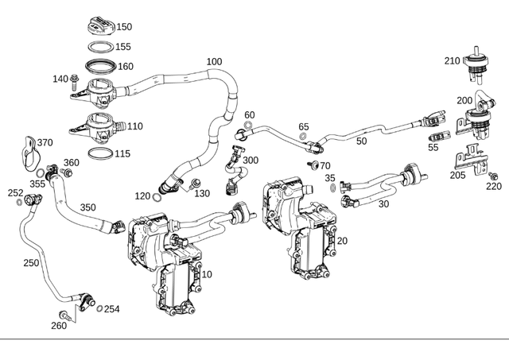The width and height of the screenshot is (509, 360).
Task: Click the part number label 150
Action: (x=125, y=27)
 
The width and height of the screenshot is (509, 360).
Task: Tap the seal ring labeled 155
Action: (x=99, y=47)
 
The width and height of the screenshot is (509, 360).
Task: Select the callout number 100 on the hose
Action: (x=214, y=62)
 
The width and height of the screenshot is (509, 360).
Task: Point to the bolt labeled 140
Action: (x=75, y=79)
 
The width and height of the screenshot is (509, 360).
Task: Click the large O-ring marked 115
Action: (x=99, y=153)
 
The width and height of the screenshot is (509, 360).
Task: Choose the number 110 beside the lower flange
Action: (x=134, y=126)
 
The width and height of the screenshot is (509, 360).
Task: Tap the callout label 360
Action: (x=72, y=163)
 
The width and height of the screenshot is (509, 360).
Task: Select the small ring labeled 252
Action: (x=18, y=202)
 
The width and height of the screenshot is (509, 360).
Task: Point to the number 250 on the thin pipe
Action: (x=31, y=263)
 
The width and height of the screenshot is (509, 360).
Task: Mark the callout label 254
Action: (x=111, y=309)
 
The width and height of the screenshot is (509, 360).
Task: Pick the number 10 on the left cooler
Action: (x=207, y=274)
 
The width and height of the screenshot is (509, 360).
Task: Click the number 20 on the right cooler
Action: (x=342, y=241)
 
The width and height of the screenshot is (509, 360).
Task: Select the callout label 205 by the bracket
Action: (x=458, y=176)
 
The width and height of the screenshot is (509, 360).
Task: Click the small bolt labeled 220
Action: (x=492, y=175)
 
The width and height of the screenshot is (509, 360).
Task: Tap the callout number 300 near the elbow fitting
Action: (x=251, y=161)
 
